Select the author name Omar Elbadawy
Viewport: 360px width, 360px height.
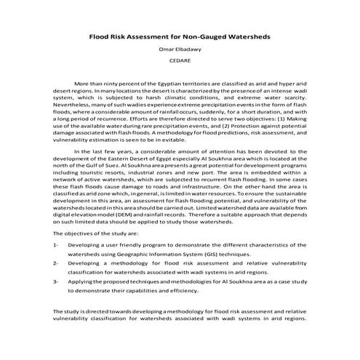(x=180, y=49)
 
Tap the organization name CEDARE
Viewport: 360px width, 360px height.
(x=180, y=63)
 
